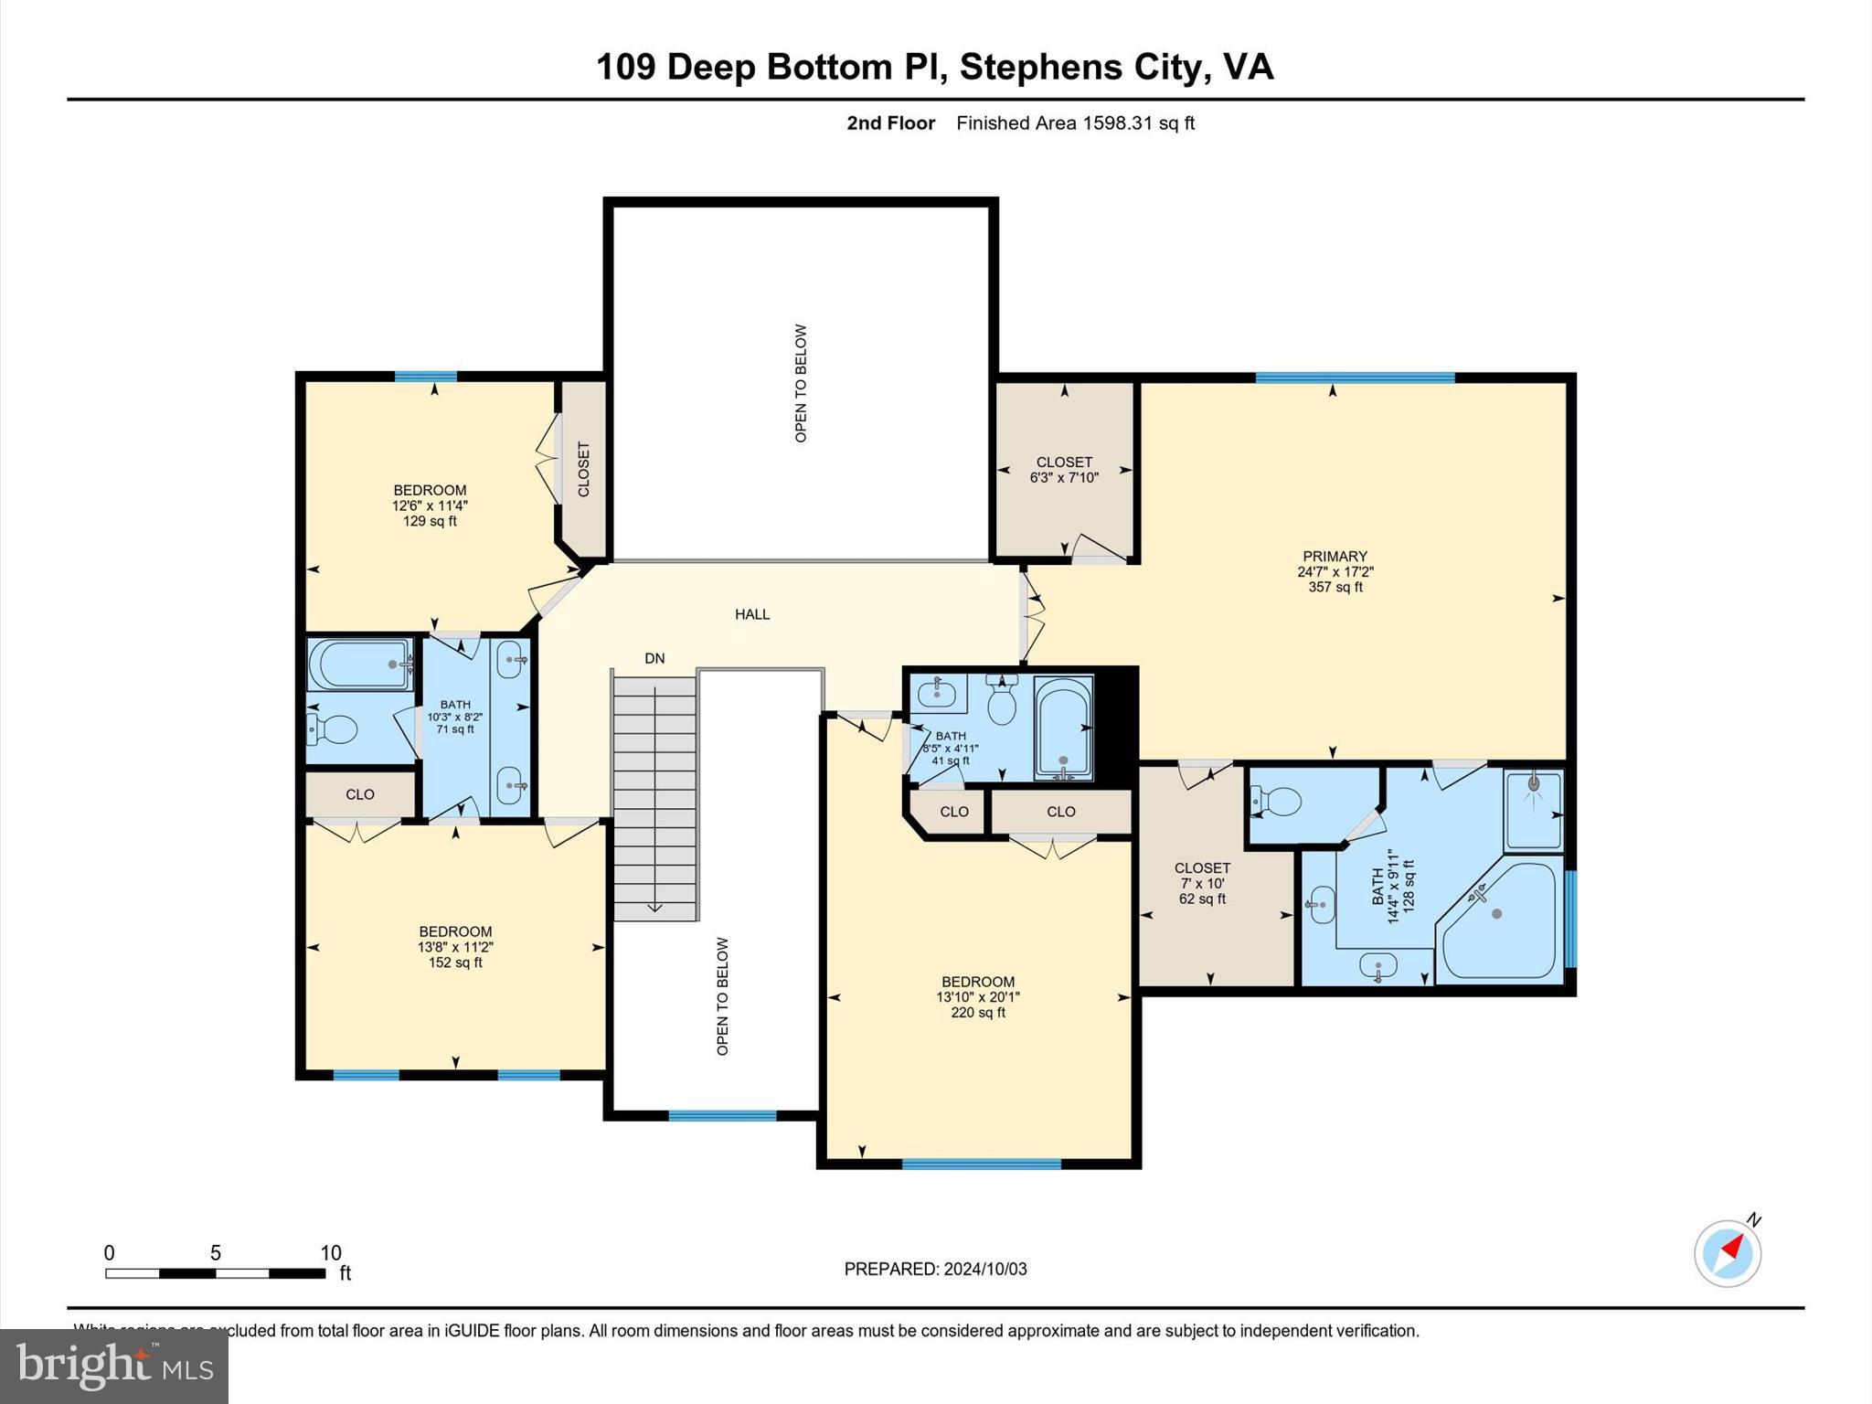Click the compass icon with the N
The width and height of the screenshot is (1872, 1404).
click(1727, 1253)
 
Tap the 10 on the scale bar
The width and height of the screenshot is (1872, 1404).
click(330, 1253)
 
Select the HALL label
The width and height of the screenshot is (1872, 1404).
click(752, 614)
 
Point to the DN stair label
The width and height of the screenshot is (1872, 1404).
click(654, 658)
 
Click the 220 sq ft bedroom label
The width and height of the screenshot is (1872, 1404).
click(978, 996)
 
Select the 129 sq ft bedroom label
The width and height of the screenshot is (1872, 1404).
click(430, 505)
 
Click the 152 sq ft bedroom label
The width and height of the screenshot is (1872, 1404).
click(455, 947)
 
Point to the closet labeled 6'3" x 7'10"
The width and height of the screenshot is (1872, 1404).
click(1064, 469)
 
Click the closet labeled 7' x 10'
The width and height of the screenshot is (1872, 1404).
click(1202, 883)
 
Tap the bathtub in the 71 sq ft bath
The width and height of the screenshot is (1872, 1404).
click(358, 665)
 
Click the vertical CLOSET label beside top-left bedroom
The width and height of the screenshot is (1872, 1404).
click(584, 469)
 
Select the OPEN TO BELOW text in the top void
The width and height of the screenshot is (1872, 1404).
click(801, 383)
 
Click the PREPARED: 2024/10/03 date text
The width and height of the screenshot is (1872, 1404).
click(935, 1269)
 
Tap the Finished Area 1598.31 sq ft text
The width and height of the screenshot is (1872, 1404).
click(1075, 123)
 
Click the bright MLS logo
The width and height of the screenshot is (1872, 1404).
click(114, 1366)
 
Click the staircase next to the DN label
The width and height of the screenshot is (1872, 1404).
click(654, 795)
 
